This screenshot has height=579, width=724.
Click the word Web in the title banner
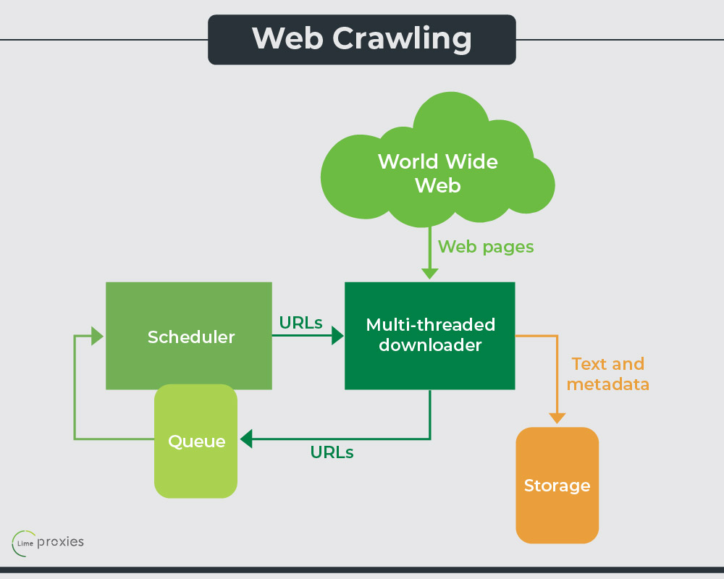pyautogui.click(x=285, y=38)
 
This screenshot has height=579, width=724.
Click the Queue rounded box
pyautogui.click(x=196, y=441)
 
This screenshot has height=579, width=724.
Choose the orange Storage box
pyautogui.click(x=557, y=485)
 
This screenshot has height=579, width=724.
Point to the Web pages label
pyautogui.click(x=486, y=247)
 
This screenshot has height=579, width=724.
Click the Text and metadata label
pyautogui.click(x=607, y=373)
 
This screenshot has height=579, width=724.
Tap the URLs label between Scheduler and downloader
pyautogui.click(x=300, y=324)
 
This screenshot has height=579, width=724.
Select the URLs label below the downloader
pyautogui.click(x=332, y=452)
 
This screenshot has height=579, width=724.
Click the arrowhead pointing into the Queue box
pyautogui.click(x=246, y=439)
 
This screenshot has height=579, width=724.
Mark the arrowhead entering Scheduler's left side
pyautogui.click(x=98, y=336)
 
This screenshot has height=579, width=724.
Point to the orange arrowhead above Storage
pyautogui.click(x=557, y=418)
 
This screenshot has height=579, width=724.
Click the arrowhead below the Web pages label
pyautogui.click(x=430, y=274)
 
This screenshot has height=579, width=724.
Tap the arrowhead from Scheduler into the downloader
pyautogui.click(x=337, y=336)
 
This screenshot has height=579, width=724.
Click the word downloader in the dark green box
pyautogui.click(x=430, y=345)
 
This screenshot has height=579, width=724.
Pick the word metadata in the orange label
pyautogui.click(x=607, y=384)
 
